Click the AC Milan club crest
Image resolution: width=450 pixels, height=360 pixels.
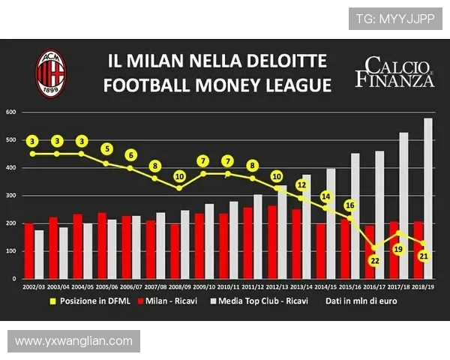[x=51, y=72]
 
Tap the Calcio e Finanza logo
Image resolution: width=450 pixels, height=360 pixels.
[x=394, y=71]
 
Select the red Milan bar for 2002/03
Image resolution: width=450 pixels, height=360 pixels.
[x=29, y=250]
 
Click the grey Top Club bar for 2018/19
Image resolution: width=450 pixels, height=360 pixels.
[x=428, y=199]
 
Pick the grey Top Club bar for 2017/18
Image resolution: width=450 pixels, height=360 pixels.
[x=403, y=205]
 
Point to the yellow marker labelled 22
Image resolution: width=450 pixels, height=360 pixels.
[x=374, y=259]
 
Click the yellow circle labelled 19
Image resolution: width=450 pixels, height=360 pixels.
[x=399, y=249]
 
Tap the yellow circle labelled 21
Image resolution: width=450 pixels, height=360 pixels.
[x=423, y=256]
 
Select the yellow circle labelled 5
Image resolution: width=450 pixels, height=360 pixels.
[x=106, y=148]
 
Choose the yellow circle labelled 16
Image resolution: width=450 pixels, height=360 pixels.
[x=349, y=205]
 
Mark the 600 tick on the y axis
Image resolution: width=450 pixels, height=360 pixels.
[x=10, y=112]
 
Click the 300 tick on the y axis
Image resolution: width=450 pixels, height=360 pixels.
[x=10, y=196]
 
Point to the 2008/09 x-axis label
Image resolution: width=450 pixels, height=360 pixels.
[x=181, y=286]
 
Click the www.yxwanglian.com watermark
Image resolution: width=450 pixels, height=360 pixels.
[x=73, y=341]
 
